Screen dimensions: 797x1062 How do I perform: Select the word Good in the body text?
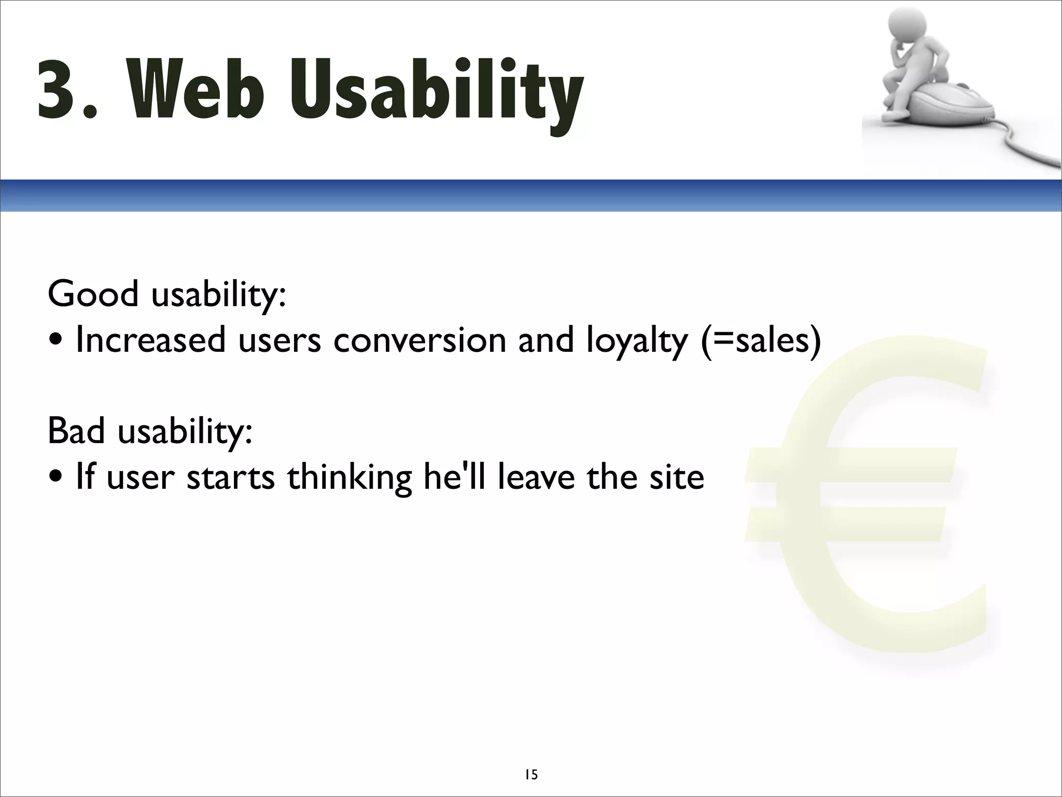click(93, 294)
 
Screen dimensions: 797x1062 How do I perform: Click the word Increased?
click(151, 340)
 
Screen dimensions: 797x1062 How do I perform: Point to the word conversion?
click(419, 340)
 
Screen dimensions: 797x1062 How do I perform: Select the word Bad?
click(77, 431)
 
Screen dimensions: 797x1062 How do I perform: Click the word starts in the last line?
click(230, 477)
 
